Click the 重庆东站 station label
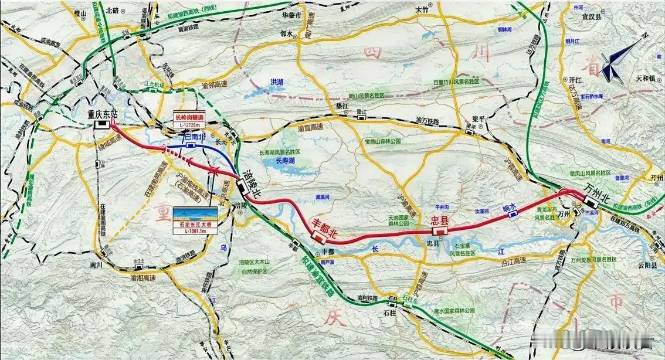click(x=99, y=114)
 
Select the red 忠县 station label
click(x=439, y=220)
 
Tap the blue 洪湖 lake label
click(x=277, y=82)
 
